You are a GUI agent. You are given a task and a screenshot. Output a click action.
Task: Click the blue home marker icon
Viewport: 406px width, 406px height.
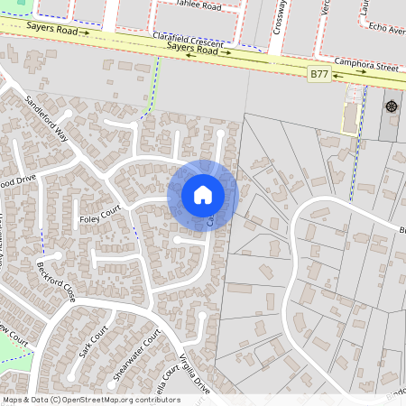click(x=203, y=194)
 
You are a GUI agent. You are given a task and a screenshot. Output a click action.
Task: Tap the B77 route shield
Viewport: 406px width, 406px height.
click(x=318, y=72)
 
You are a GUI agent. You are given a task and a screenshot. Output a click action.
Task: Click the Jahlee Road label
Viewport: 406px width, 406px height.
click(x=198, y=5)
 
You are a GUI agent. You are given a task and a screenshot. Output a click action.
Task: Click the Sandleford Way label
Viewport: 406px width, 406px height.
click(x=47, y=118)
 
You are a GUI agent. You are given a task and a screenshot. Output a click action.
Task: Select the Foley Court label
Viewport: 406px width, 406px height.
click(x=99, y=218)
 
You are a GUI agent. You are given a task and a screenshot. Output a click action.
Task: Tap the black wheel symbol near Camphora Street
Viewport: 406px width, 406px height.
click(x=392, y=106)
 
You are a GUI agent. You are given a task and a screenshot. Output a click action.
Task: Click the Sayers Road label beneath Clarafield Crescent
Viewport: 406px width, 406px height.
click(x=194, y=51)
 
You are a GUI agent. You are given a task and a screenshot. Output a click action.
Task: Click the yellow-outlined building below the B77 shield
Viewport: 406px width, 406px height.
click(x=349, y=116)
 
